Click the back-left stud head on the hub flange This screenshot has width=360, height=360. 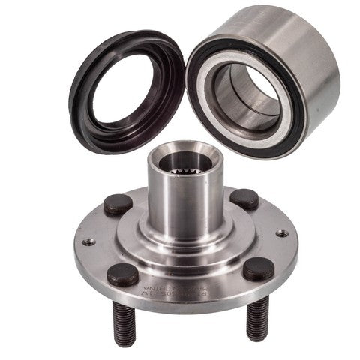[118, 203]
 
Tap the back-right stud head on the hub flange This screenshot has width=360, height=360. [244, 198]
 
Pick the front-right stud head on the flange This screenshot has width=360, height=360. [257, 268]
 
